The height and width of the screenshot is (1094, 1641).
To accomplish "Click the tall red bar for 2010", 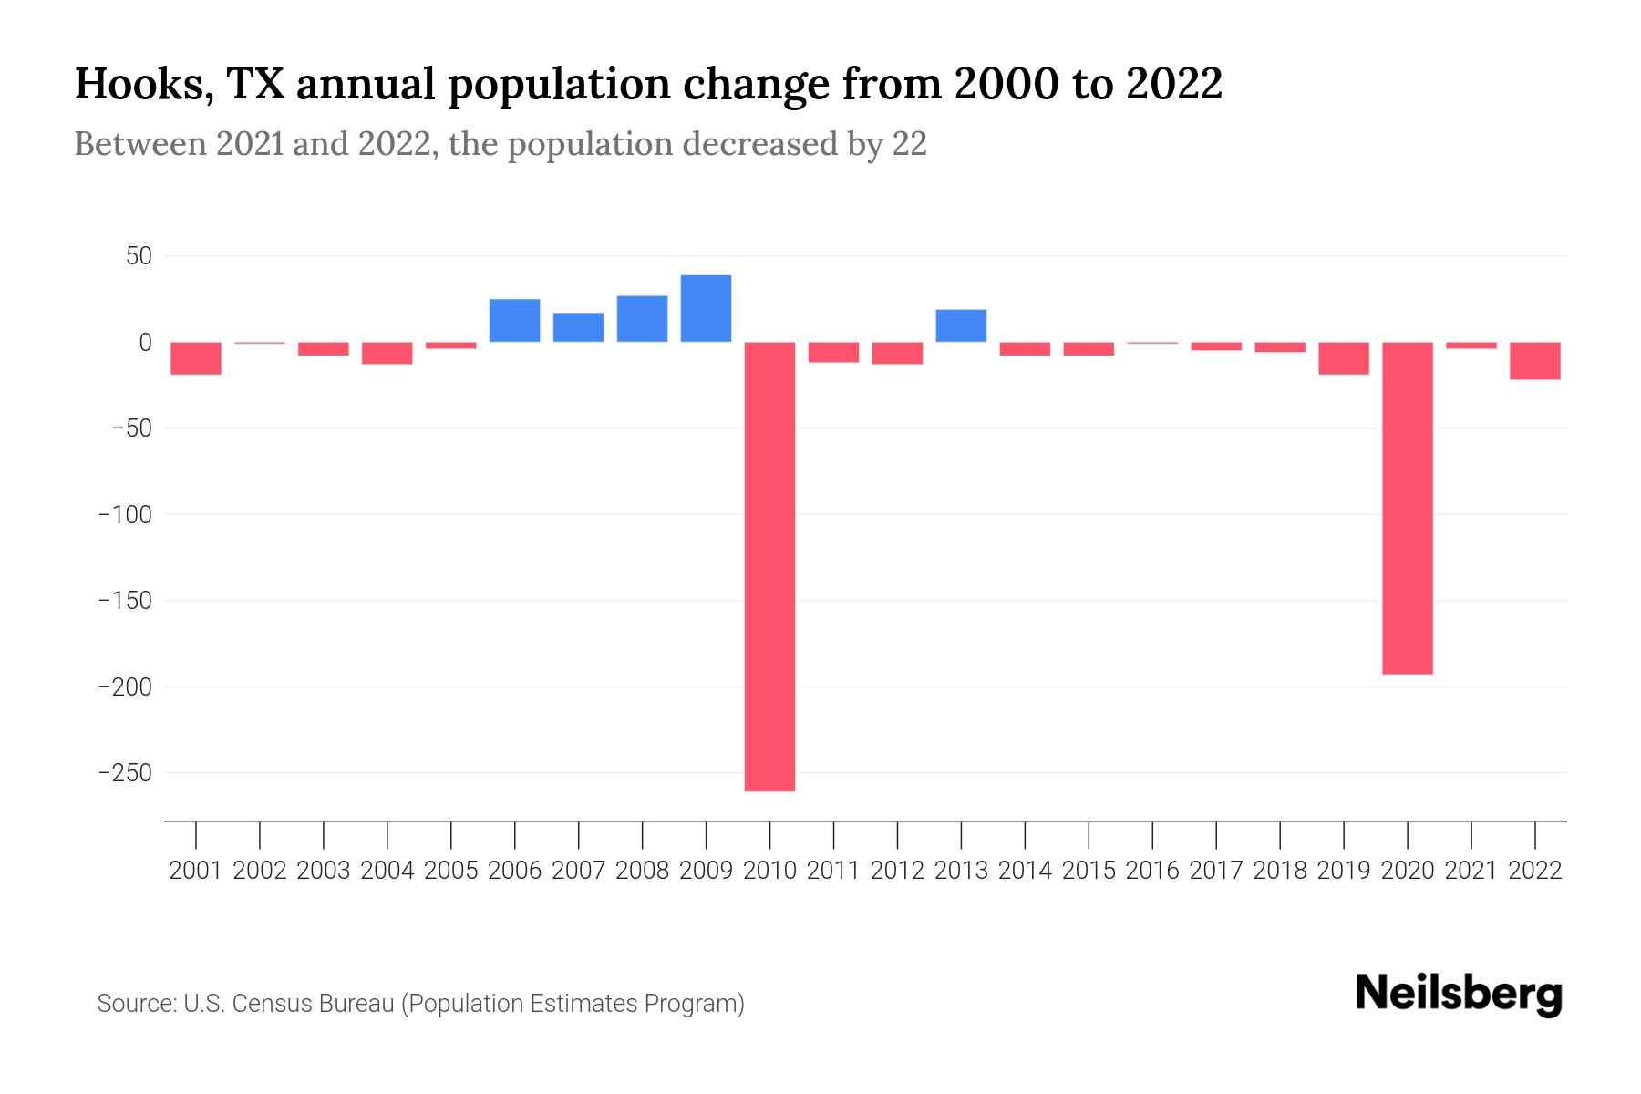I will pos(769,565).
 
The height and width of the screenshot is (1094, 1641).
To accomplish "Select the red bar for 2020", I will pos(1407,508).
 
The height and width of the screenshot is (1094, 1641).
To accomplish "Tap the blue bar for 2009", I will pos(706,308).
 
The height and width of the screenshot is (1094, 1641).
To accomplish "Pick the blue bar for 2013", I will pos(961,325).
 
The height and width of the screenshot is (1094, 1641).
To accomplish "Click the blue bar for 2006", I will pos(514,320).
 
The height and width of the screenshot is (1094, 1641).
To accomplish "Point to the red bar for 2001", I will pos(196,358).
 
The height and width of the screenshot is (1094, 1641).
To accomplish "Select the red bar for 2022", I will pos(1534,361).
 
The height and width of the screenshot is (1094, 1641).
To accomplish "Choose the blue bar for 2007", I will pos(578,327).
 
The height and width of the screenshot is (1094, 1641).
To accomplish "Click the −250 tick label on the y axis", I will pos(125,773).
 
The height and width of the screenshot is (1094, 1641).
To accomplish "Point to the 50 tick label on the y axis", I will pos(139,256).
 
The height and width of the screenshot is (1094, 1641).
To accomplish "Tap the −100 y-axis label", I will pos(125,515).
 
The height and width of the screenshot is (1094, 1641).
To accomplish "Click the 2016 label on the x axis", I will pos(1152,871).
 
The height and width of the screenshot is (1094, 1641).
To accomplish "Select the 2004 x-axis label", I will pos(387,871).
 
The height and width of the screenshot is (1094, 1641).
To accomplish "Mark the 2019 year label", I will pos(1343,871).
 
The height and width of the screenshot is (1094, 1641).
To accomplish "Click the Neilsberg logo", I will pos(1459,996).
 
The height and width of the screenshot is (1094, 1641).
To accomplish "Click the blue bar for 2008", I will pos(642,319).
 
